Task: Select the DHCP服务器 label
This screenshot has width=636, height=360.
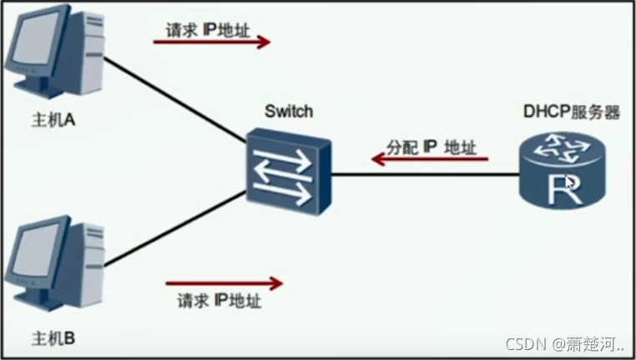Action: point(571,111)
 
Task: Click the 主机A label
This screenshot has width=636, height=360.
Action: point(53,120)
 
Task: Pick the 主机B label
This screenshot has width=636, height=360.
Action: point(53,340)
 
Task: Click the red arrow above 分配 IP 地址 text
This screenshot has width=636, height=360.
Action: point(429,159)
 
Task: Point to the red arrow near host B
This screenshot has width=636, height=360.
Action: point(225,284)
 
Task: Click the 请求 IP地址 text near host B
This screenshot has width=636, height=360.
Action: point(220,301)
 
